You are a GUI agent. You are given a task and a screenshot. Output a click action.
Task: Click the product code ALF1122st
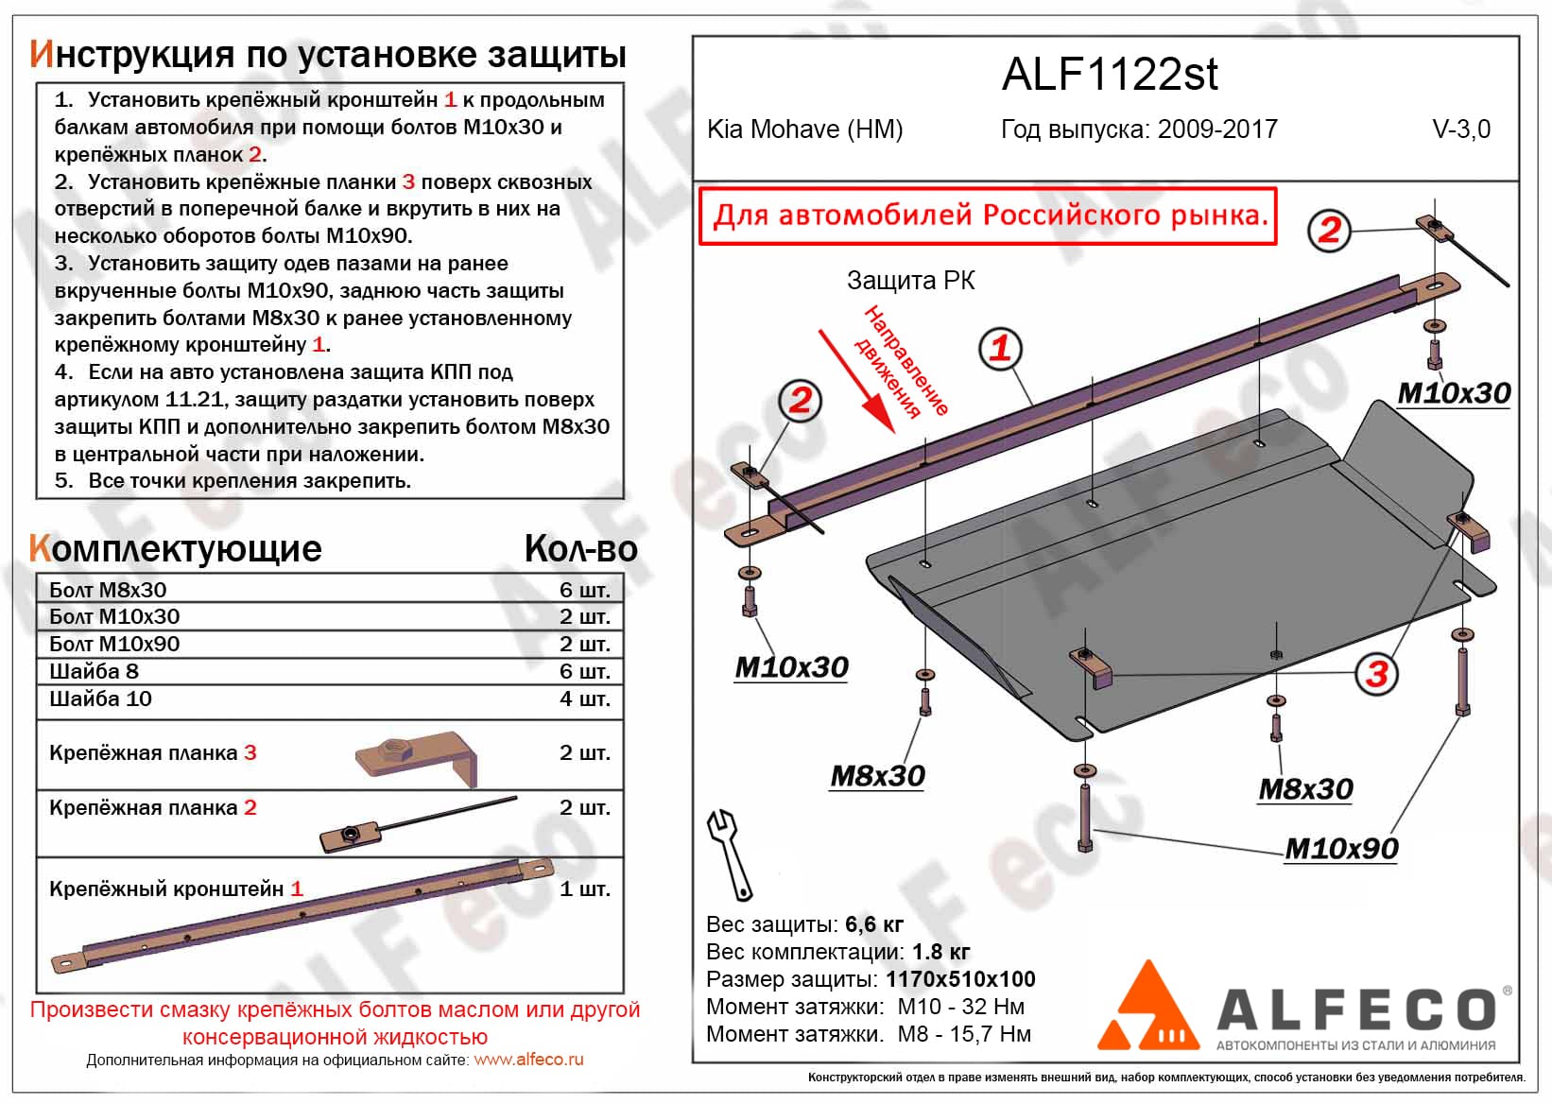[x=1109, y=74]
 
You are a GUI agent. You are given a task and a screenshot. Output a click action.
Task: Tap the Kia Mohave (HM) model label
[x=804, y=129]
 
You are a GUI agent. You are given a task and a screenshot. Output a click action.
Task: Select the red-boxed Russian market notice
[x=989, y=216]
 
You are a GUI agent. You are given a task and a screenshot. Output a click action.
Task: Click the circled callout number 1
[x=1000, y=349]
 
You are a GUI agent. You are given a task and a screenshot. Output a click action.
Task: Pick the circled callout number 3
[x=1376, y=674]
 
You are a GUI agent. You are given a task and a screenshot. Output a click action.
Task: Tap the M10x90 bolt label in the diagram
[x=1341, y=849]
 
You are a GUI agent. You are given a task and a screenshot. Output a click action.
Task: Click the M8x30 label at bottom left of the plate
[x=877, y=776]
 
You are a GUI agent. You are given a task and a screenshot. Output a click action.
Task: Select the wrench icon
[x=729, y=854]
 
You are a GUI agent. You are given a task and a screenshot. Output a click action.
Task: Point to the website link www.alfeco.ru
[x=528, y=1060]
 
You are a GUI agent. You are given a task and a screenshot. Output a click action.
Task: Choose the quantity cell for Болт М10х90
[x=584, y=644]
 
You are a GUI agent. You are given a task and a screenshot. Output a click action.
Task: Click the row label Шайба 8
[x=94, y=671]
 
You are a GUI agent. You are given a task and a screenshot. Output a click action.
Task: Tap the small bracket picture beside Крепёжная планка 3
[x=417, y=757]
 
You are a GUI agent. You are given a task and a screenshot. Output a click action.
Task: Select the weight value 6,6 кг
[x=874, y=924]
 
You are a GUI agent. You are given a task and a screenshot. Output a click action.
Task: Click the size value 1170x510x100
[x=960, y=979]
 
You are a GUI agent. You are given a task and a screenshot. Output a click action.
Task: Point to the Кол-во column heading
[x=580, y=549]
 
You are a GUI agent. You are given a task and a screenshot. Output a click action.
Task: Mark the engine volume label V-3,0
[x=1461, y=129]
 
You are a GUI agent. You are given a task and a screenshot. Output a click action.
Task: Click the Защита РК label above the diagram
[x=910, y=281]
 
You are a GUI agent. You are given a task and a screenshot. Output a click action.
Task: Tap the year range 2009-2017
[x=1217, y=129]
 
